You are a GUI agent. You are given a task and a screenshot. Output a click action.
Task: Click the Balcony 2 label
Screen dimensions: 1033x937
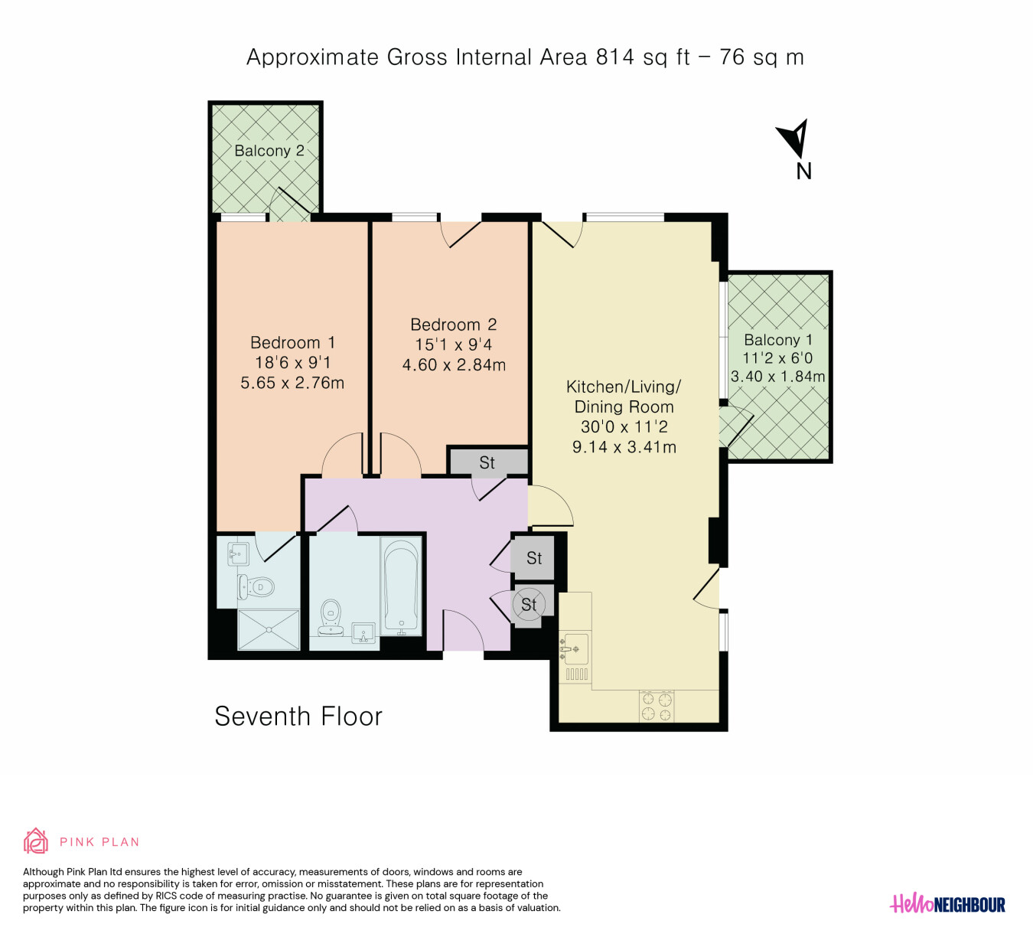[x=269, y=151]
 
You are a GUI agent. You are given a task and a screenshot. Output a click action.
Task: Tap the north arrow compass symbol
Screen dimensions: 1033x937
[x=793, y=138]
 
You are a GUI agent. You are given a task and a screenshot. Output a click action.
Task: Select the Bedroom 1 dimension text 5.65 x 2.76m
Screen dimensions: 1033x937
[x=292, y=383]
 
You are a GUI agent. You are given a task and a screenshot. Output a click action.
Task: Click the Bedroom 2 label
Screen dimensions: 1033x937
[x=453, y=325]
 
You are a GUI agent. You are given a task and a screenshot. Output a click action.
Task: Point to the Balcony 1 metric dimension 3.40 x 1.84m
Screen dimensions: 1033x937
[x=777, y=376]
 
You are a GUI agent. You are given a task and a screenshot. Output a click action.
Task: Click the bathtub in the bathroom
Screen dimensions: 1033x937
[x=401, y=586]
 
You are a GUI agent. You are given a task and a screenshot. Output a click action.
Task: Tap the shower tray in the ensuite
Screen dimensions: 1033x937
[x=269, y=629]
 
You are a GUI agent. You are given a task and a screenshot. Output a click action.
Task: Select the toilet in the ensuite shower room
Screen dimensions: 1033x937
[x=256, y=587]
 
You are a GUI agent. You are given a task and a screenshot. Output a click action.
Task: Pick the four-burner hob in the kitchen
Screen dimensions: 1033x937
[x=657, y=706]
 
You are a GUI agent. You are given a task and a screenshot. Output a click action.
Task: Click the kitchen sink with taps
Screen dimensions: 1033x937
[x=575, y=649]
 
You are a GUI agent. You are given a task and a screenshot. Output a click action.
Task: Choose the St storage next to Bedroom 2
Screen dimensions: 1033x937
[x=487, y=462]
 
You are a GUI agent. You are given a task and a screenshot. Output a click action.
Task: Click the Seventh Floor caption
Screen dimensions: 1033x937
[x=298, y=717]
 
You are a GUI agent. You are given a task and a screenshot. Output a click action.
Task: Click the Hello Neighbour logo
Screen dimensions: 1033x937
[x=947, y=904]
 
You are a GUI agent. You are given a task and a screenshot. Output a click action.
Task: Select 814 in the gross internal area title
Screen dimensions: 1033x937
[x=615, y=57]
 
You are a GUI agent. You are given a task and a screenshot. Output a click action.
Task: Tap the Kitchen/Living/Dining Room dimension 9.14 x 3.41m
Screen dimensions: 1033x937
[x=624, y=447]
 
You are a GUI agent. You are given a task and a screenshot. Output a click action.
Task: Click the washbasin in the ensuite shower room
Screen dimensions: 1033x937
[x=238, y=554]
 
